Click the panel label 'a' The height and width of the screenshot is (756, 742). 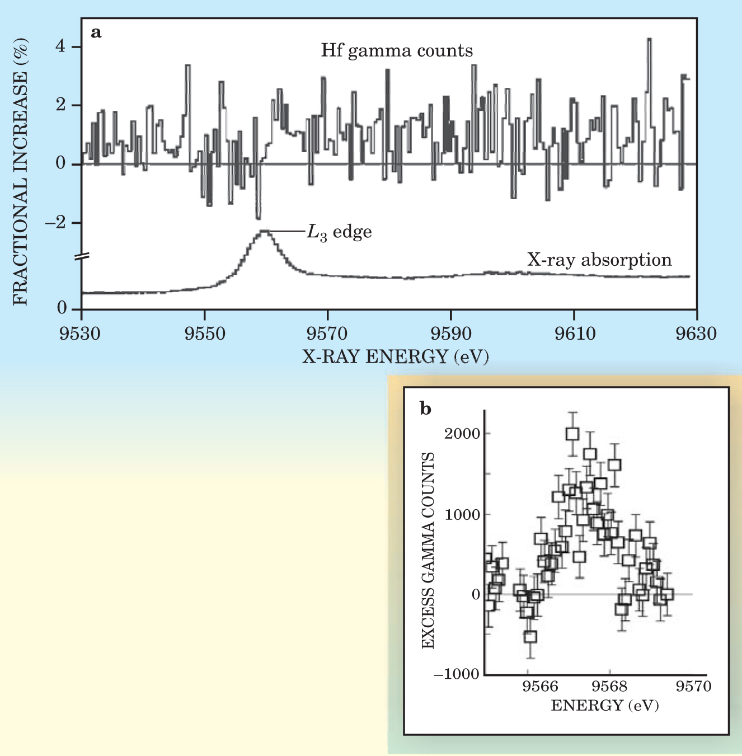coord(96,33)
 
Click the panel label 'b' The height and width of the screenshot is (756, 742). coord(426,409)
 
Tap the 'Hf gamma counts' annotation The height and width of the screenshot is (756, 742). coord(397,51)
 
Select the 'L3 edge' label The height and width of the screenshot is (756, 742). coord(339,232)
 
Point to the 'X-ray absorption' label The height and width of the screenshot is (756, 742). coord(599,260)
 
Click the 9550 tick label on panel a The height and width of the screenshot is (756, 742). coord(205,334)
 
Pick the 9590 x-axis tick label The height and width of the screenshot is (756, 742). coord(451,334)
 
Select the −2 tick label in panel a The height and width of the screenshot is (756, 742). coord(55,223)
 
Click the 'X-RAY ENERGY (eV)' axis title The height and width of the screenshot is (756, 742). coord(396,356)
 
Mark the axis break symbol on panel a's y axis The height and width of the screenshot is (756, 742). coord(82,257)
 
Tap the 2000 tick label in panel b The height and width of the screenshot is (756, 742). coord(462,434)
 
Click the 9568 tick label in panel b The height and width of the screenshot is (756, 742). coord(610,686)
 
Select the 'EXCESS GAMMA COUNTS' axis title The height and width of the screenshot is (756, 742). coord(428,551)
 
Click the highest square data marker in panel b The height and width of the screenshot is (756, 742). coord(572,434)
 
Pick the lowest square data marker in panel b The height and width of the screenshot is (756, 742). coord(530,636)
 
